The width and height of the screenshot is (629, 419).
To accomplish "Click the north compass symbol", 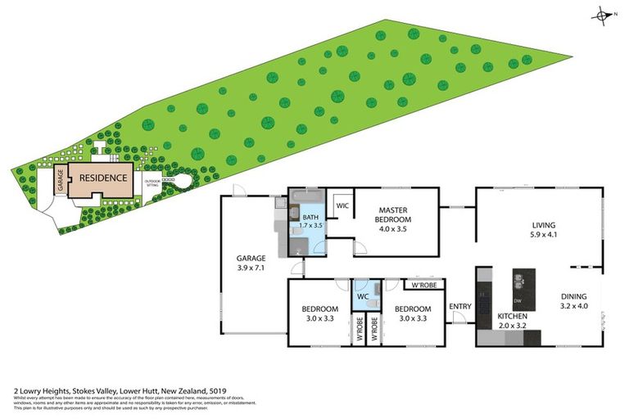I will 604,15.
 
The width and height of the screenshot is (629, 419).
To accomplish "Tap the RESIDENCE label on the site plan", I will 103,178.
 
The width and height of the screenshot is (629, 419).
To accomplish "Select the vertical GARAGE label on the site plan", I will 60,180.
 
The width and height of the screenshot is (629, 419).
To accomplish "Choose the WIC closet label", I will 342,206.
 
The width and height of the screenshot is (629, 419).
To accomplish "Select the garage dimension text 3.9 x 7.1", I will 252,268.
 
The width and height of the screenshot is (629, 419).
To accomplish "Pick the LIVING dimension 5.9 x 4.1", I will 543,236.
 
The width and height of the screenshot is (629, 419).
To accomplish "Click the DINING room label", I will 573,298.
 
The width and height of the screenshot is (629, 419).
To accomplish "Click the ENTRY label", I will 460,307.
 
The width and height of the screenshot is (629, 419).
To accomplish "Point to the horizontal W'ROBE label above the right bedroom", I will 425,286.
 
